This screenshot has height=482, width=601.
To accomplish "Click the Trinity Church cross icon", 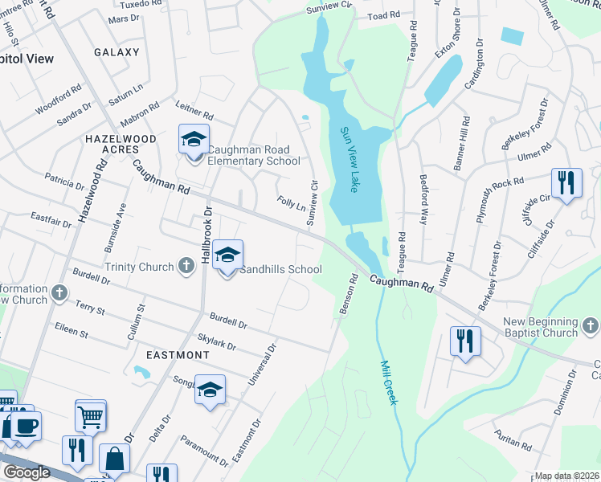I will pos(186,267).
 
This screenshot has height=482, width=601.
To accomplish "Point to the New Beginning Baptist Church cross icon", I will pos(591,326).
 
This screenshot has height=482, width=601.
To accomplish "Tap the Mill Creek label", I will pos(388,381).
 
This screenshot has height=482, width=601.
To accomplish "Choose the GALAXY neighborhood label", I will pos(117,52).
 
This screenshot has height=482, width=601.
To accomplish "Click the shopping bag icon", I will pos(115,460).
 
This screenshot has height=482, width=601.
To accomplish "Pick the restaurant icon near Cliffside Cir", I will pos(567,184).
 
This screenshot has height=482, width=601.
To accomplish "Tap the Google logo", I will pos(27,472).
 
